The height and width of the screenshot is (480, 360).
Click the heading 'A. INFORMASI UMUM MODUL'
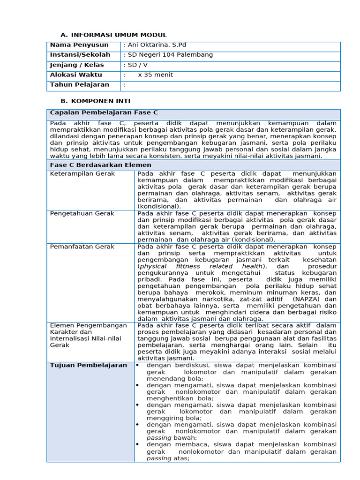coord(114,35)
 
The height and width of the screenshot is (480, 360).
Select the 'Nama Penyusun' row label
coord(79,45)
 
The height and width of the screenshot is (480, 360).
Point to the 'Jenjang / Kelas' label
coord(77,65)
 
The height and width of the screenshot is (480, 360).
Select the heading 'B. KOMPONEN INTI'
coord(96,101)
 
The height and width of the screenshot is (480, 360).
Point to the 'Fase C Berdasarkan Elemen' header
coord(100,165)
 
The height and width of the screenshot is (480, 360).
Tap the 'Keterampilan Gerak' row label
coord(82,174)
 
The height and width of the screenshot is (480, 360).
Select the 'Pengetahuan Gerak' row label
coord(82,213)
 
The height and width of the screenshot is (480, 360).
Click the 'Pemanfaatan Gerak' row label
coord(82,247)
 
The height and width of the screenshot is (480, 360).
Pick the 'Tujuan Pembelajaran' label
coord(89,365)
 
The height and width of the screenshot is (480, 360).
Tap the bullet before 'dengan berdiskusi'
coord(138,365)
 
